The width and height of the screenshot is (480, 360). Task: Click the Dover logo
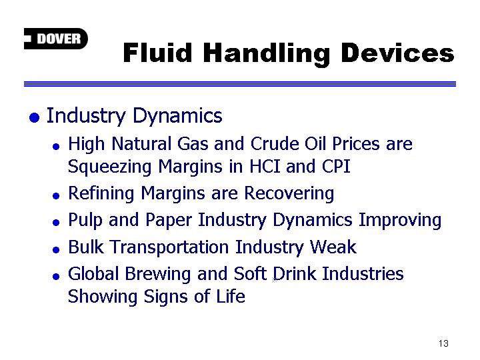[56, 39]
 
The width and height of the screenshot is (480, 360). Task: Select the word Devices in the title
[397, 53]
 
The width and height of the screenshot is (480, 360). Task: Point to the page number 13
[443, 343]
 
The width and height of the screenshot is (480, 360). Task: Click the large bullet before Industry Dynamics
[34, 117]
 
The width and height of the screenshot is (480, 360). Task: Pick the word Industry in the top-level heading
[86, 116]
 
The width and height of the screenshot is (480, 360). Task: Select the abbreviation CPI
[336, 167]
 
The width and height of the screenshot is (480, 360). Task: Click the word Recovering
[289, 194]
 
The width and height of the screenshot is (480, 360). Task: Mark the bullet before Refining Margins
[56, 196]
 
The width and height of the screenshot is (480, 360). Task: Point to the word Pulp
[85, 221]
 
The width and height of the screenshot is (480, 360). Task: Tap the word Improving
[400, 221]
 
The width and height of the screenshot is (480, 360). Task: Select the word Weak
[333, 247]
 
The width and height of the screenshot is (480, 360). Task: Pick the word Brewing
[158, 274]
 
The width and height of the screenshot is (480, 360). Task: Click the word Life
[231, 296]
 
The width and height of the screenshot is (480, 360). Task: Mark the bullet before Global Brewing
[56, 277]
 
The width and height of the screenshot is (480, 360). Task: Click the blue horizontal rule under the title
[240, 84]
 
